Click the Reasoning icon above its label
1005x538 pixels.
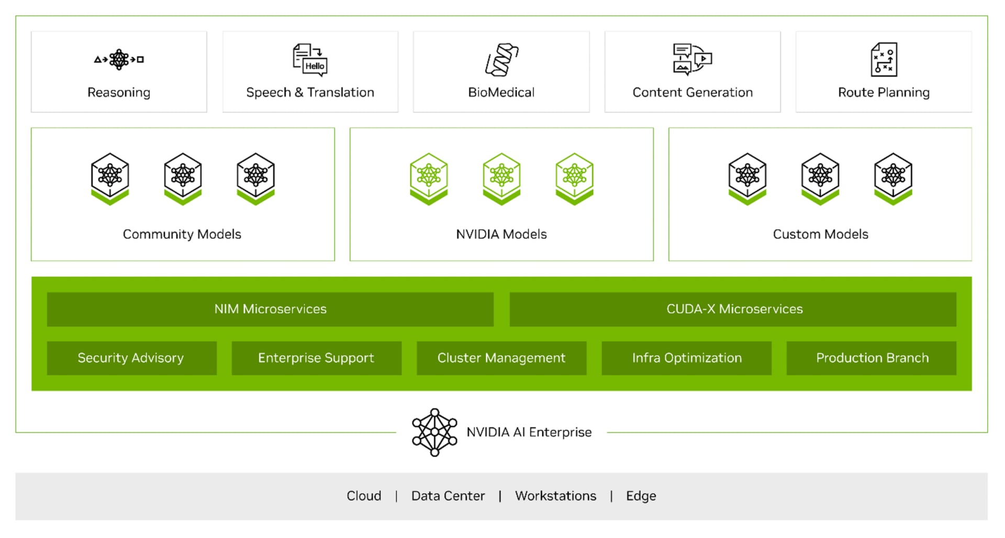(x=119, y=59)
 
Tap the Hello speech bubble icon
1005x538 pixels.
(x=310, y=60)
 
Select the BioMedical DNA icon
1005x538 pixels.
(x=501, y=60)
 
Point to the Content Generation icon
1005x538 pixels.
(x=692, y=60)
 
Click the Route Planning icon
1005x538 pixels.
(x=884, y=60)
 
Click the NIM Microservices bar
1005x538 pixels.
(x=270, y=309)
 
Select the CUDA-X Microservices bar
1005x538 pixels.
(x=733, y=309)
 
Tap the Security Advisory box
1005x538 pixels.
(x=132, y=358)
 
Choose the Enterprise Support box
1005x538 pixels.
(x=317, y=358)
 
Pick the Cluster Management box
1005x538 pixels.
(x=501, y=358)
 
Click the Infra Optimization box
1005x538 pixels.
(x=687, y=358)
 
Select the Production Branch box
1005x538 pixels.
(x=872, y=358)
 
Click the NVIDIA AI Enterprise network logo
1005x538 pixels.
(x=434, y=433)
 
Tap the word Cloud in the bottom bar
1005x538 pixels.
(x=364, y=496)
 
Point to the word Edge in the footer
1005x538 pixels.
(x=641, y=496)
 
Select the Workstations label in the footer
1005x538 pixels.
(x=556, y=496)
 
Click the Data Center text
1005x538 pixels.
(x=448, y=496)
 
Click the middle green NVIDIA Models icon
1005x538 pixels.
(x=501, y=179)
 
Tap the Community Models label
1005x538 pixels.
(x=182, y=234)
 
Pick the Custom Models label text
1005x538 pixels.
(x=821, y=234)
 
